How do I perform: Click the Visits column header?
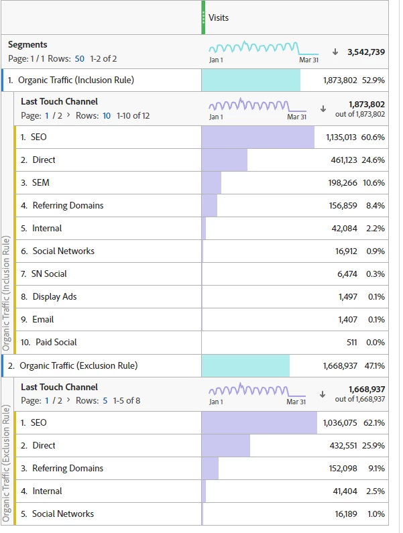219,17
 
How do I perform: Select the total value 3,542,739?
366,52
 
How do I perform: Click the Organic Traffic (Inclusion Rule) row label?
76,80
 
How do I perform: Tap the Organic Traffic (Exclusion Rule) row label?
78,366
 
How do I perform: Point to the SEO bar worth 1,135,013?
257,137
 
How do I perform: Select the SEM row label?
40,183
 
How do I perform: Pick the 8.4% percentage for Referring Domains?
376,206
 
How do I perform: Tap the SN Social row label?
49,274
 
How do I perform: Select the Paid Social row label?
56,343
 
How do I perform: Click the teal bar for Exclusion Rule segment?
245,366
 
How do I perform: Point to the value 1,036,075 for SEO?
340,423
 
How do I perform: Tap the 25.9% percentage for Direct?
376,446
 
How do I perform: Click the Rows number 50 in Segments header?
80,58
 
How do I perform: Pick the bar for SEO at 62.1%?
259,423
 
